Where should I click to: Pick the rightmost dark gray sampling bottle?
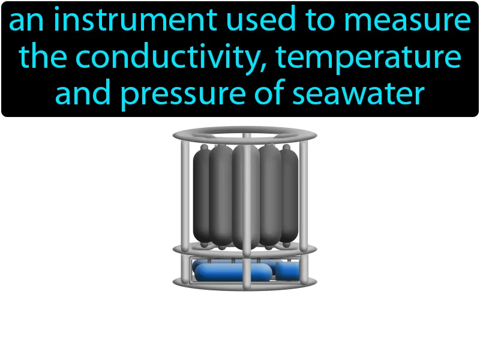(290, 195)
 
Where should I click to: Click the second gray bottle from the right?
(271, 195)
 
